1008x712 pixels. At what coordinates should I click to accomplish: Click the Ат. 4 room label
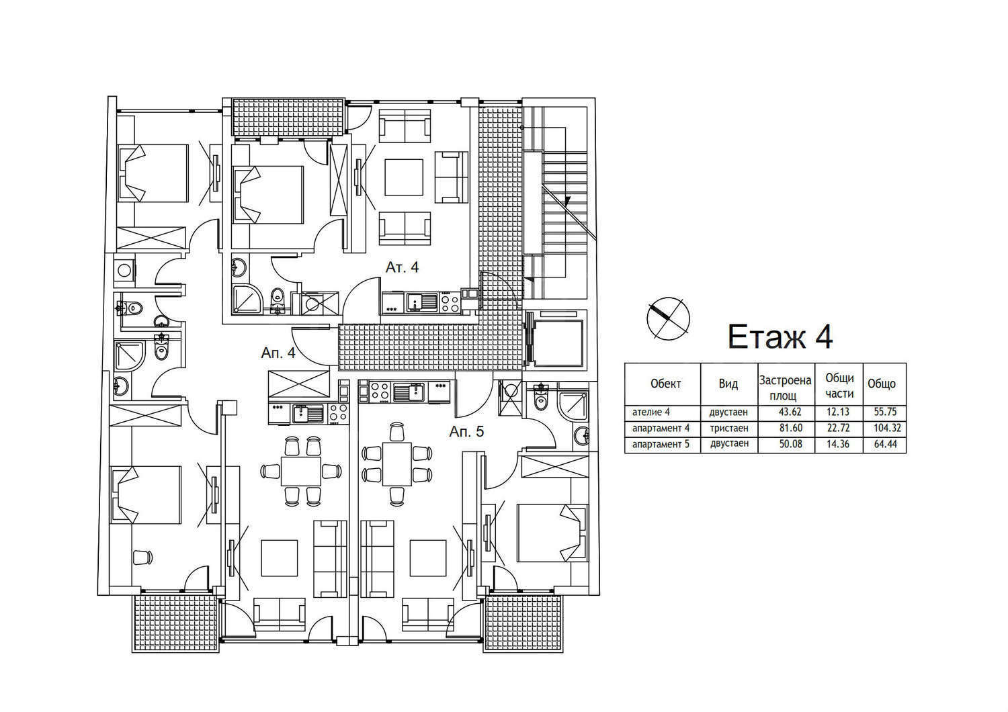pos(402,267)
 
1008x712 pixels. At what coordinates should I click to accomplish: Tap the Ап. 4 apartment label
pos(278,353)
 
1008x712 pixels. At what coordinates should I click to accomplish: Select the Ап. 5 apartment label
pos(466,432)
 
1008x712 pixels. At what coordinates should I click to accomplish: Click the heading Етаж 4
pos(780,337)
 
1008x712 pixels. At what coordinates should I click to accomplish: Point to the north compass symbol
pos(668,318)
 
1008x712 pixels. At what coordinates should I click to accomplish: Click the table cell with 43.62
pos(790,412)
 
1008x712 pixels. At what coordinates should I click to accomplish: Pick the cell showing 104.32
pos(888,428)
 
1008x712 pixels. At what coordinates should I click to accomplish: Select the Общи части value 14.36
pos(840,445)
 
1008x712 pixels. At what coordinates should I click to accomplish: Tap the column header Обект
pos(665,384)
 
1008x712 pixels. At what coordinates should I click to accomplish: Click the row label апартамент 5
pos(660,445)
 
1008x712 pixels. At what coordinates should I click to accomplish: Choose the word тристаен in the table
pos(728,428)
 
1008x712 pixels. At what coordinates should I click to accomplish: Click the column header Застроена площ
pos(786,388)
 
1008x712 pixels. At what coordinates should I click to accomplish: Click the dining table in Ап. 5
pos(396,464)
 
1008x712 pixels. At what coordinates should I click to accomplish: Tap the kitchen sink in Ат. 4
pos(423,302)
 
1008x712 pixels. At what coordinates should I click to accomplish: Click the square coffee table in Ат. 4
pos(404,177)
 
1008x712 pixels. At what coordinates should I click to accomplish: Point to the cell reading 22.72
pos(840,428)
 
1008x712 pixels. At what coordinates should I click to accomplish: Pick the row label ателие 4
pos(651,412)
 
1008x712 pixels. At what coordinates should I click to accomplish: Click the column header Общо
pos(882,384)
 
